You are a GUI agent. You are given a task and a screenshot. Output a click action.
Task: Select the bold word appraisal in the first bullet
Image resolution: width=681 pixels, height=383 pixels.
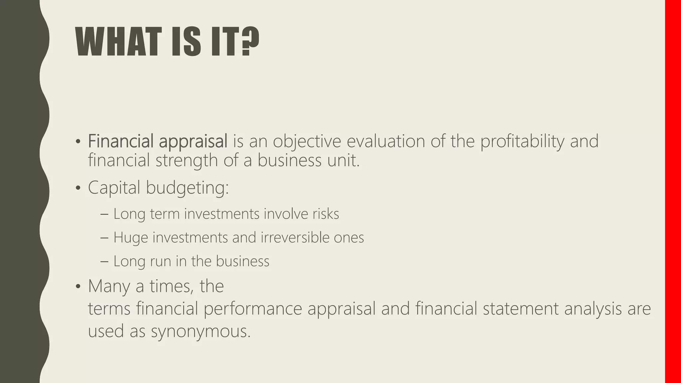pyautogui.click(x=193, y=141)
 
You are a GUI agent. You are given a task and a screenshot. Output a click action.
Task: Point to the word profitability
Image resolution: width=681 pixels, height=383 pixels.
pyautogui.click(x=522, y=141)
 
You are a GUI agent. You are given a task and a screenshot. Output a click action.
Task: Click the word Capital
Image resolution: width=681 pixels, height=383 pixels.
pyautogui.click(x=114, y=188)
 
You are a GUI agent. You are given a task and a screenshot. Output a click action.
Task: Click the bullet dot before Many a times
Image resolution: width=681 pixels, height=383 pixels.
pyautogui.click(x=78, y=286)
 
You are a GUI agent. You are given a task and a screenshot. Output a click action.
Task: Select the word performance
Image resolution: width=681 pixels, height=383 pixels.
pyautogui.click(x=252, y=309)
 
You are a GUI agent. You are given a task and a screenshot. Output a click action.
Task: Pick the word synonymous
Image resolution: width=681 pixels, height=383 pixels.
pyautogui.click(x=201, y=331)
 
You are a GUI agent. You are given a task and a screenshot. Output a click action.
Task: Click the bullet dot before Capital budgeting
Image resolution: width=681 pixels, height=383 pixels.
pyautogui.click(x=78, y=188)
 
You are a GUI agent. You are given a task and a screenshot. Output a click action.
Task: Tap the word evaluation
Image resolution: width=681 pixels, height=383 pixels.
pyautogui.click(x=386, y=141)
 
